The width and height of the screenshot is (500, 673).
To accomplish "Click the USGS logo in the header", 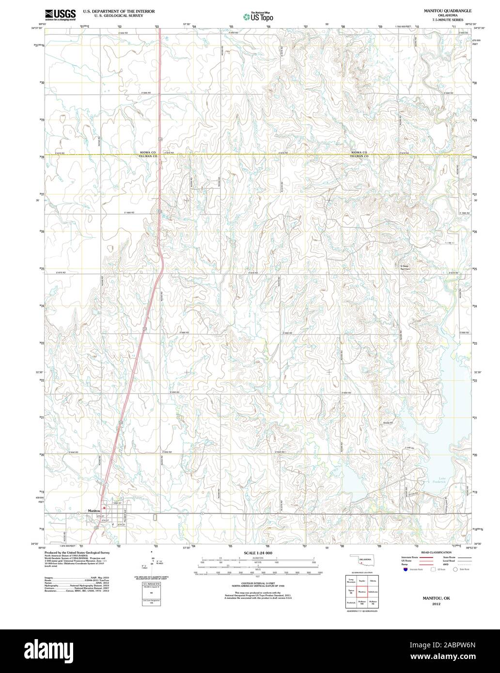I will (x=61, y=15).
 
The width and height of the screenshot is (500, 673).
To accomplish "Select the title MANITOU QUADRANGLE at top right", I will (x=441, y=10).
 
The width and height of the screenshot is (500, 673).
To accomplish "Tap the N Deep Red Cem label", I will (x=405, y=267).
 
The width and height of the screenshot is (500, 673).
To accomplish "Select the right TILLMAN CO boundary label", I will (x=359, y=157).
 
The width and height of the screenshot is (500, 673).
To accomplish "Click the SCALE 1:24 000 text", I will (x=258, y=553).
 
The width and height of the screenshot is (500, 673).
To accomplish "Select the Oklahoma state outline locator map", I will (x=362, y=561).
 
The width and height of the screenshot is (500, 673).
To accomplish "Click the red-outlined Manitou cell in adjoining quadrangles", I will (x=362, y=592).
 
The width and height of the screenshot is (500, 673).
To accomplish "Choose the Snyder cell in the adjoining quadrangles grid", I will (x=362, y=580).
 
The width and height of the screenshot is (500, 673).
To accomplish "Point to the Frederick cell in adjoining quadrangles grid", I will (x=351, y=603).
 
